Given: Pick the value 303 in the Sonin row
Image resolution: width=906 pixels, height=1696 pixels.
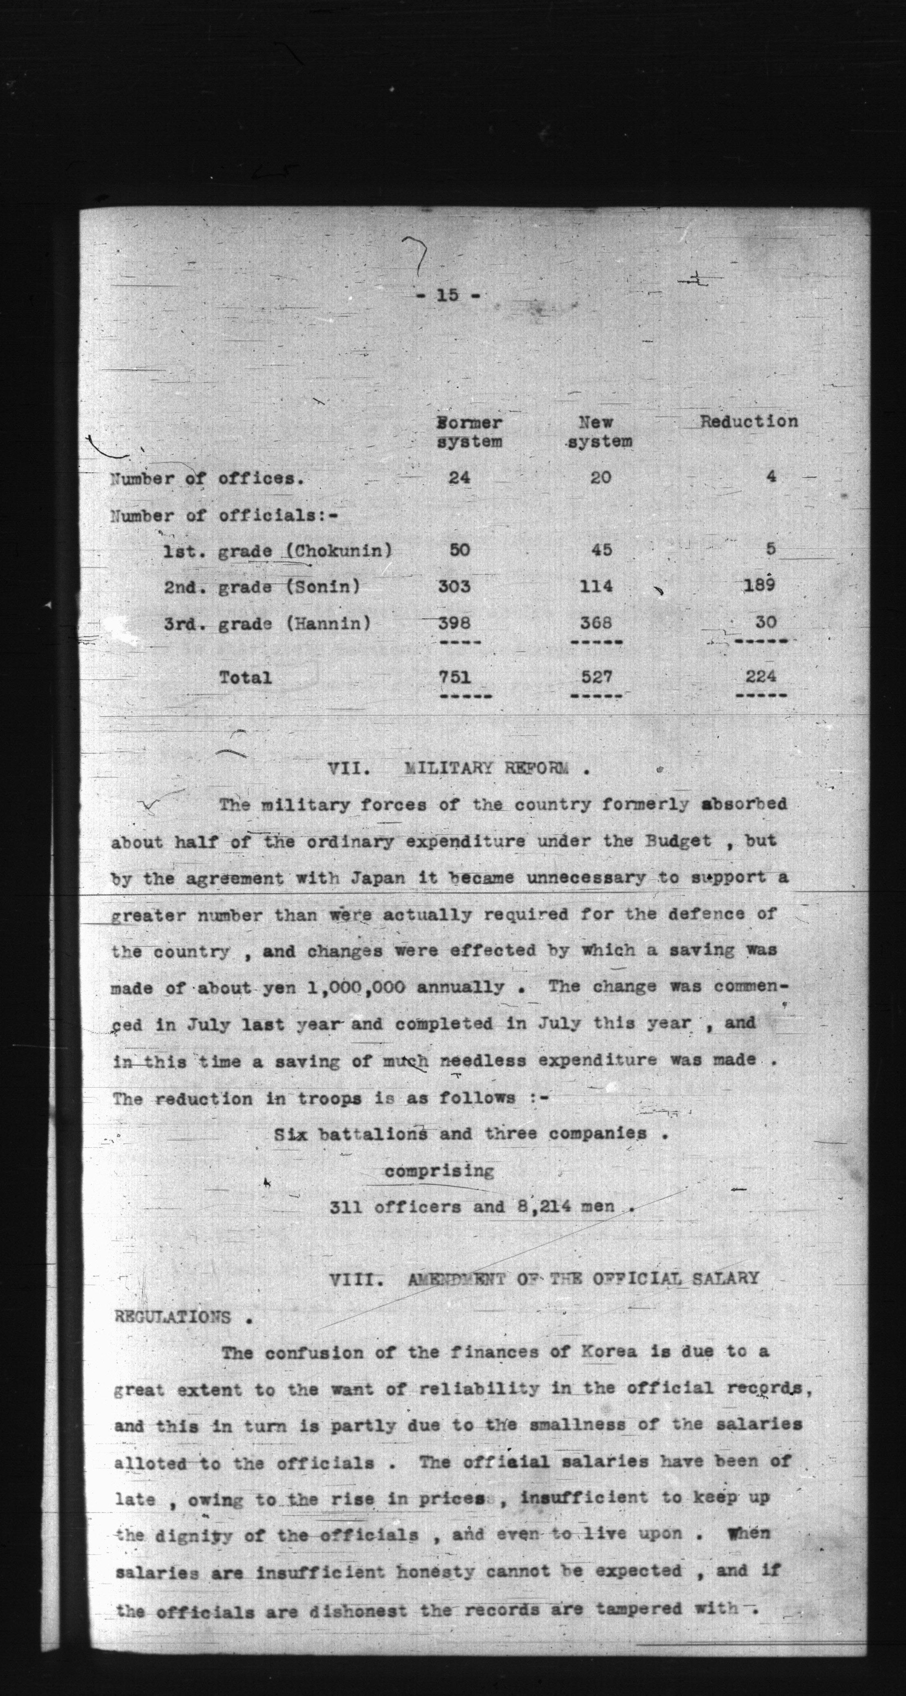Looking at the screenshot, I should click(x=454, y=585).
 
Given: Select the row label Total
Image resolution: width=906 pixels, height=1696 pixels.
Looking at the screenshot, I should click(x=245, y=677).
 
